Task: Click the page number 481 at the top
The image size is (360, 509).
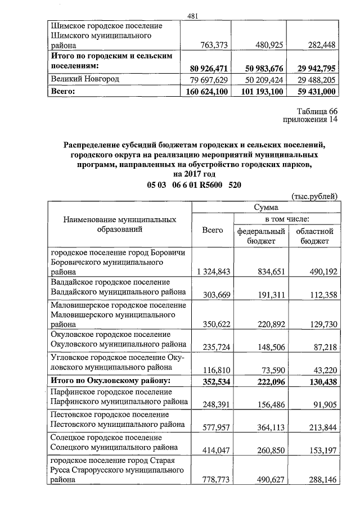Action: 193,16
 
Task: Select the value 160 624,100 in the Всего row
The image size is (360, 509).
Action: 202,91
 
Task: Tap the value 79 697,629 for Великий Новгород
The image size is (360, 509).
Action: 204,79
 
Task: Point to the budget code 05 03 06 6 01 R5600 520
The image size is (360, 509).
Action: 194,186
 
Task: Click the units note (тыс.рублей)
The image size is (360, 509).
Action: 314,196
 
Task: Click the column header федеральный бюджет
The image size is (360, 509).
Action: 261,236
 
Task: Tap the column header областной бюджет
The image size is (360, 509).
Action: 317,236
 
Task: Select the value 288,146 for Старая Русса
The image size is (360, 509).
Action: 320,480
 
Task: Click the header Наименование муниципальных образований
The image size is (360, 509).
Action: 120,224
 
